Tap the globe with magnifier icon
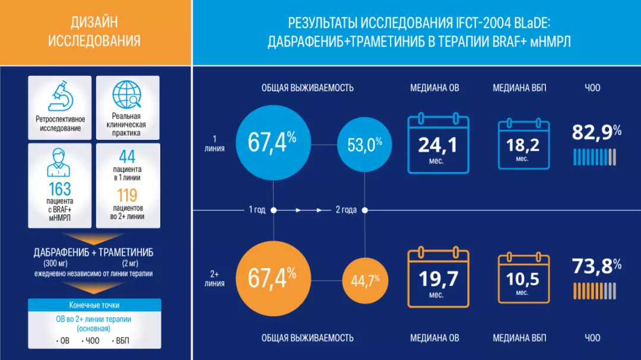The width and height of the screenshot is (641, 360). point(128,95)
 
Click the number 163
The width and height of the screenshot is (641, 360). point(60,189)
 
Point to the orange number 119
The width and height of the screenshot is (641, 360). point(127,195)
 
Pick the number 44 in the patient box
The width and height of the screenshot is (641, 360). point(127,157)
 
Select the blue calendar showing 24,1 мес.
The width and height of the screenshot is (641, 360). point(438,145)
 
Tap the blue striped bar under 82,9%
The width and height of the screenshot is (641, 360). point(595,157)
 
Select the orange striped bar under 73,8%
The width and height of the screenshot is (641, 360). point(595,291)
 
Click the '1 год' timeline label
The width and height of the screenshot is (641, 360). point(257,210)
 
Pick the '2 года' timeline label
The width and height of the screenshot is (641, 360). point(346,210)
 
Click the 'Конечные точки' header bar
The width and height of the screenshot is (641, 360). point(94,305)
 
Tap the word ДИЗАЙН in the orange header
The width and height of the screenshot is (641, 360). point(94,23)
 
